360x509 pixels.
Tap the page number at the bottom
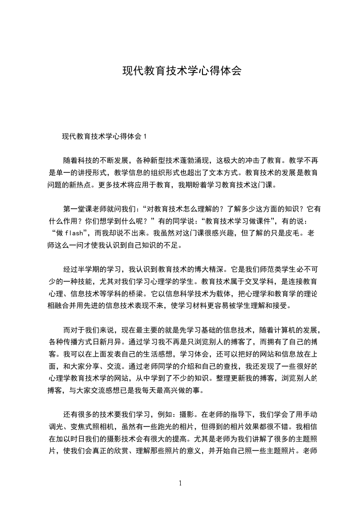coord(180,483)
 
